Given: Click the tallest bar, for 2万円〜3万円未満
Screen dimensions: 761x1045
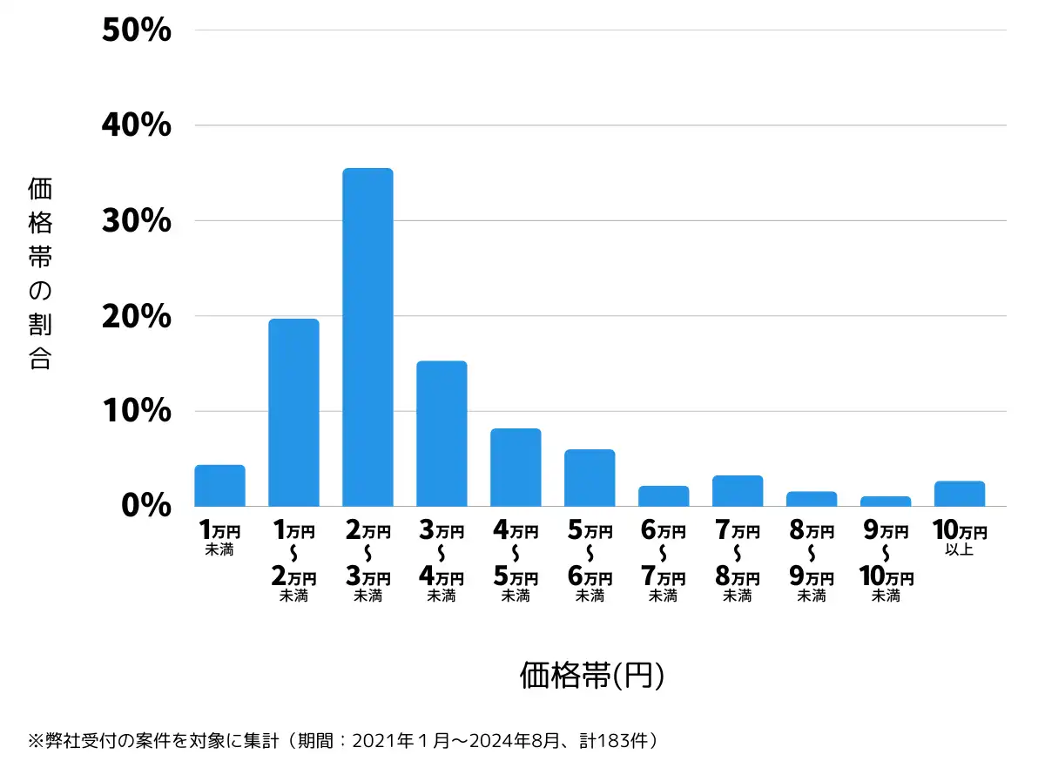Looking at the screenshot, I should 367,337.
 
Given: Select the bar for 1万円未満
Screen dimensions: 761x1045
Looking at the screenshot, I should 219,486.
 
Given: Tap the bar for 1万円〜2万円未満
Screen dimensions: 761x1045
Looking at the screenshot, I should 293,413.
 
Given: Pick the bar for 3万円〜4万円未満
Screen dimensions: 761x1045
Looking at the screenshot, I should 442,434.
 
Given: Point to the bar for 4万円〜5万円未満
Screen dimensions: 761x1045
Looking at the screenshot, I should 516,468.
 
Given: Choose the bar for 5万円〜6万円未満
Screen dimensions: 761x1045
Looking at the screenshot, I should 590,478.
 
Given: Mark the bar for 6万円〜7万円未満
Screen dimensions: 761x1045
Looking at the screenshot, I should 664,496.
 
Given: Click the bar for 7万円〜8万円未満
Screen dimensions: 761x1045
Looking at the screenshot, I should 738,491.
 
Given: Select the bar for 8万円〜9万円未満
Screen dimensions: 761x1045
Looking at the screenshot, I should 812,499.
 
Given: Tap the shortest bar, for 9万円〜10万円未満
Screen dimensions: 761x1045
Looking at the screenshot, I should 886,502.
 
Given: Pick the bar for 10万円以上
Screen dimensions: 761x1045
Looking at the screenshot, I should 960,494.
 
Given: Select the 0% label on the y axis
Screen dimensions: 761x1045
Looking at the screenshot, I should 146,506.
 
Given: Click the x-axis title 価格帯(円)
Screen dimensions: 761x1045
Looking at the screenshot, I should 592,676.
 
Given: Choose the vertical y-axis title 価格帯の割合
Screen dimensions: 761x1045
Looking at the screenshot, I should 40,273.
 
